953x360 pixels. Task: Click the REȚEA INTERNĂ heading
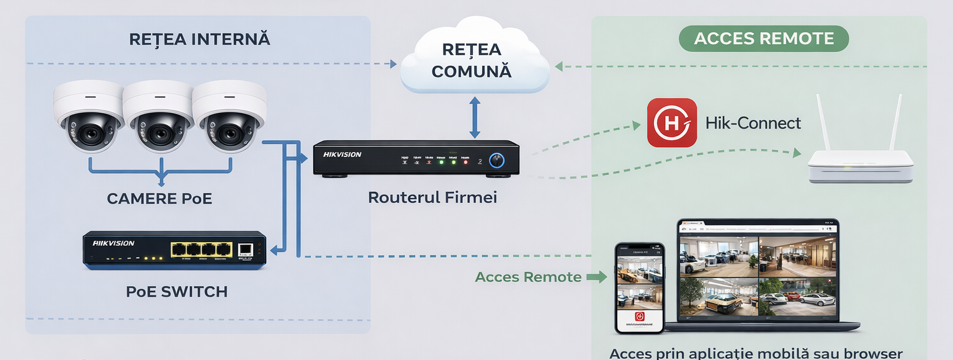pos(199,39)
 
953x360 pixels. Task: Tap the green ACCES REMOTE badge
pos(764,38)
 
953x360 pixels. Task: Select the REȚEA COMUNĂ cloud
pos(475,60)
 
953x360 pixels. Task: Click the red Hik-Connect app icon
pos(672,122)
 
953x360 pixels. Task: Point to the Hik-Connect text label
pos(753,123)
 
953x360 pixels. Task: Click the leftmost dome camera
pos(89,117)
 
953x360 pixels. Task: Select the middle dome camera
pos(159,118)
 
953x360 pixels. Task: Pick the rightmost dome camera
pos(229,118)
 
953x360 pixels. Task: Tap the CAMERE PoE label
pos(159,199)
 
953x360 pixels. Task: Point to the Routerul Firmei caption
pos(432,197)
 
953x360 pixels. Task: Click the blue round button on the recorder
pos(496,161)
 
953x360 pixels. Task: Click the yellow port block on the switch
pos(202,250)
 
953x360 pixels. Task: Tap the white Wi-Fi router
pos(860,163)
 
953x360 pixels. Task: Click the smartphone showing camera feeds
pos(639,287)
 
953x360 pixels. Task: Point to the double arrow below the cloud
pos(475,117)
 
